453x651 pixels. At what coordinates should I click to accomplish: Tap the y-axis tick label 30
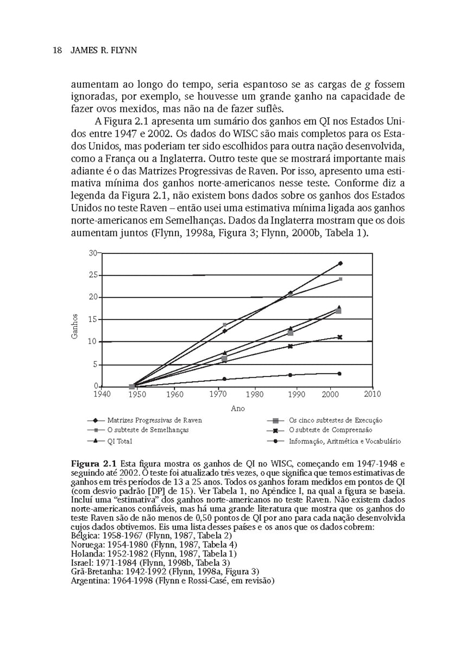point(93,253)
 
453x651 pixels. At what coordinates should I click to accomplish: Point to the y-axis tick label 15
point(93,320)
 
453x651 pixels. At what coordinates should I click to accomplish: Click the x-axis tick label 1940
point(102,394)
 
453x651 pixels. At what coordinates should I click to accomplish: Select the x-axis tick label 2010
point(372,394)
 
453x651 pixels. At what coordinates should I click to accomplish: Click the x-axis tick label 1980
point(255,394)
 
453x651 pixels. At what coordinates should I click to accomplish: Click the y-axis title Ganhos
point(75,327)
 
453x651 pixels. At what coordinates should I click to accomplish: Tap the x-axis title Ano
point(237,408)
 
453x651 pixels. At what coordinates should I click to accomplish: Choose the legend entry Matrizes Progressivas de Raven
point(154,420)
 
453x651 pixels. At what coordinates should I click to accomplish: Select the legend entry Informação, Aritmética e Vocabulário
point(344,441)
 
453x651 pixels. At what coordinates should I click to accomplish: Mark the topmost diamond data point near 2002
point(340,263)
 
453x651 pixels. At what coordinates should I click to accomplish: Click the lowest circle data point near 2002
point(339,373)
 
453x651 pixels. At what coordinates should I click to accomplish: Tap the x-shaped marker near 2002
point(339,337)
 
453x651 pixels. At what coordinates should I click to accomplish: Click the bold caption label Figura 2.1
point(94,464)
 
